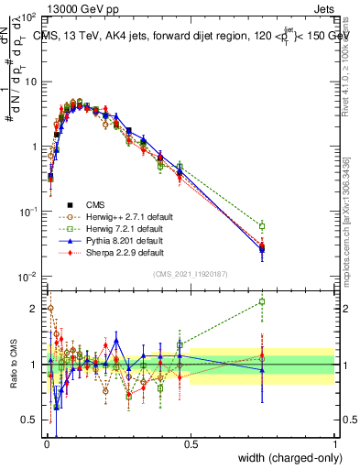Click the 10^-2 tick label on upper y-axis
(x=27, y=277)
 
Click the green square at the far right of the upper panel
(x=262, y=226)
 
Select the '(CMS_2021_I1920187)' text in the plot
(x=190, y=275)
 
